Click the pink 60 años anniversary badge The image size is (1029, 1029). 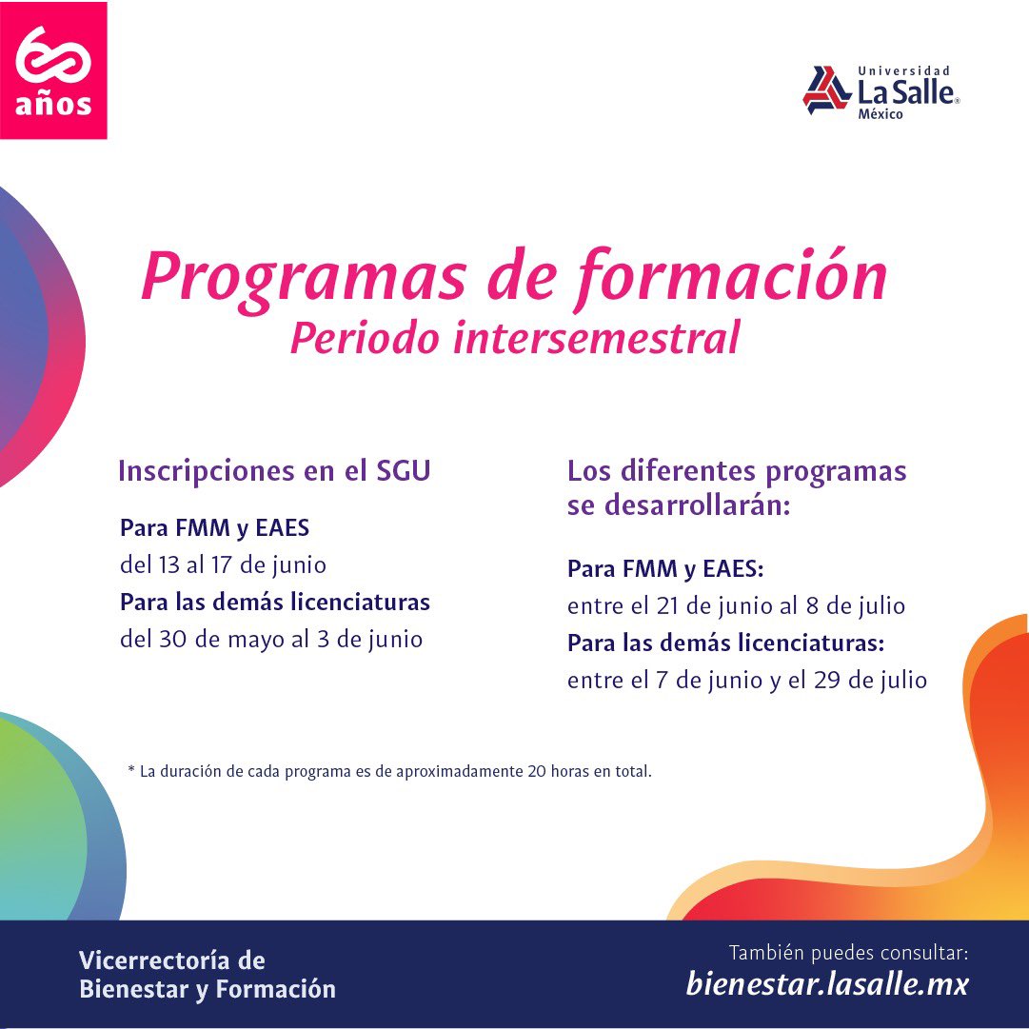53,70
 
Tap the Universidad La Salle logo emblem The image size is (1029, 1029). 826,90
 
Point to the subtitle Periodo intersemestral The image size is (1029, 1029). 515,339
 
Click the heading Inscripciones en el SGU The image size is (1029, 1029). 274,471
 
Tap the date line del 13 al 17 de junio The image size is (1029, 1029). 223,564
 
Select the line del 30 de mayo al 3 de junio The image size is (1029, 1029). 271,639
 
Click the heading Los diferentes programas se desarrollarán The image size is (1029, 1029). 736,487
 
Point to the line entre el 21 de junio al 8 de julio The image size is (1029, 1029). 736,605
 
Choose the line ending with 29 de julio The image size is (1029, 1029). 747,681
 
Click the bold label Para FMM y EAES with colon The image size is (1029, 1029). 666,569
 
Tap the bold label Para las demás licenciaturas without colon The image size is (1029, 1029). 275,603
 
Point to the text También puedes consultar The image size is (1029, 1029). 848,952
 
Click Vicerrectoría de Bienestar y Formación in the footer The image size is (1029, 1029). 208,975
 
